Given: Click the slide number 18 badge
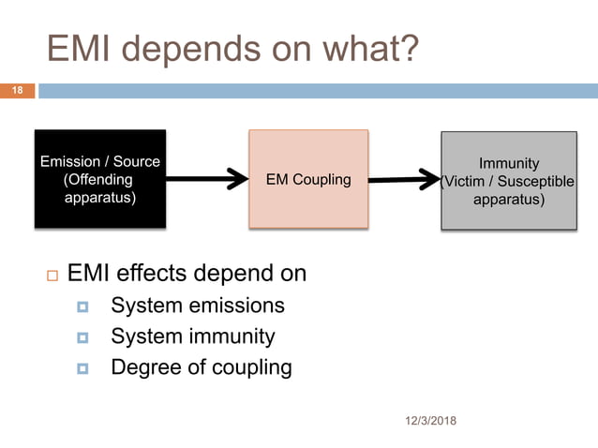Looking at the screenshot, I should click(17, 91).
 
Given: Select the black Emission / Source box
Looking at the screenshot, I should click(100, 179).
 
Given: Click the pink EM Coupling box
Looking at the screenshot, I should click(307, 179).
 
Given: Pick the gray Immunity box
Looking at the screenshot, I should click(509, 180).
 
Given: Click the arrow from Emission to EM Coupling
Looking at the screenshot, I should click(206, 180).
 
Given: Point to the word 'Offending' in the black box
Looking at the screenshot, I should click(98, 180).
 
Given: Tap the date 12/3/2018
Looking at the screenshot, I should click(426, 421).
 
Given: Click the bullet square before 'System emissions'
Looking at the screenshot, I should click(82, 307).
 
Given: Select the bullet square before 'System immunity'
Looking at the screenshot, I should click(82, 337).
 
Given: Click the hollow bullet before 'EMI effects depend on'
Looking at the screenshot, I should click(51, 276).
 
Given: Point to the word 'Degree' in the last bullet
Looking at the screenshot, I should click(144, 367).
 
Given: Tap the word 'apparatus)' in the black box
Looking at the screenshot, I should click(99, 198).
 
